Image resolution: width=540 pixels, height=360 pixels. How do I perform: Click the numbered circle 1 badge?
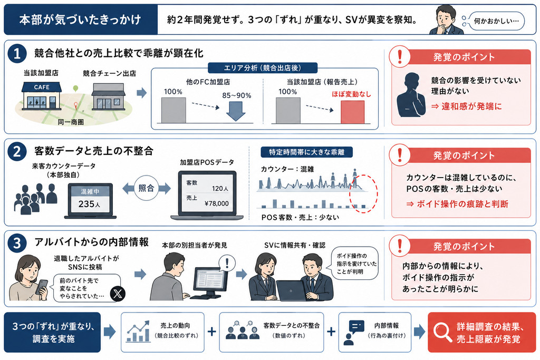(17, 53)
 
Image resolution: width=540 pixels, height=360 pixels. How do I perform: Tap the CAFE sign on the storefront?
(42, 87)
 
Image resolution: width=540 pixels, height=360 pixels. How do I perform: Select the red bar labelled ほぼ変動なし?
(352, 112)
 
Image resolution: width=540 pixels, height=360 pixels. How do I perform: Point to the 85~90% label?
(237, 95)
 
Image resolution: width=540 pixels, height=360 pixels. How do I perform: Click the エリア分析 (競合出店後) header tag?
(263, 68)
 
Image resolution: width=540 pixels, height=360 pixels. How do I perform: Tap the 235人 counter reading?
(90, 204)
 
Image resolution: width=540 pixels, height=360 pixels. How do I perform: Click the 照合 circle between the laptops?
(147, 188)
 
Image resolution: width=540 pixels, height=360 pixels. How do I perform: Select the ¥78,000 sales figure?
(216, 203)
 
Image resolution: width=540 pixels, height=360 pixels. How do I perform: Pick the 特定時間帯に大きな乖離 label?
(306, 152)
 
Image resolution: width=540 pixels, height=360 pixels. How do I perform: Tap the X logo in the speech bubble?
(118, 294)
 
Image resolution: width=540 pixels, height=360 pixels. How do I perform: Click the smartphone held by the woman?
(42, 286)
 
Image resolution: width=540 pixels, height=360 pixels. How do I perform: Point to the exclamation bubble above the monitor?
(227, 264)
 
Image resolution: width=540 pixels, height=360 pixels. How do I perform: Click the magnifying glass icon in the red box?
(442, 332)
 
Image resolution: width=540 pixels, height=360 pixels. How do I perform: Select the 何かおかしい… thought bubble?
(497, 21)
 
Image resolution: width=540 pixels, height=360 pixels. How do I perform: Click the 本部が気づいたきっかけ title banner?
(81, 20)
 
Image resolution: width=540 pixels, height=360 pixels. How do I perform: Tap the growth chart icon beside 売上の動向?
(138, 331)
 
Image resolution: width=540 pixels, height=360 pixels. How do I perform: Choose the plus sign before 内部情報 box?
(331, 332)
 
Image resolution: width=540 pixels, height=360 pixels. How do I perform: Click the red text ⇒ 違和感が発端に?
(467, 106)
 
